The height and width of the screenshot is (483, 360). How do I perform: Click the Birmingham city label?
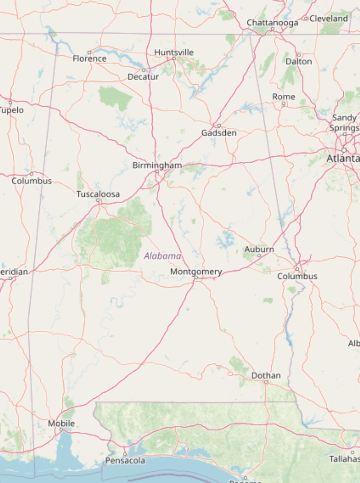[x=157, y=165]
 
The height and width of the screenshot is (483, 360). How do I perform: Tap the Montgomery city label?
[x=196, y=271]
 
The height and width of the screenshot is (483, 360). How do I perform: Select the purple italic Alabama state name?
[x=163, y=256]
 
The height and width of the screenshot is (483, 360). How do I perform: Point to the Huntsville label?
[x=174, y=52]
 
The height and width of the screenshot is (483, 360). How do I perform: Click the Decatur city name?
[x=143, y=77]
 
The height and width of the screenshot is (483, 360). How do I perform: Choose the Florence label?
[x=89, y=59]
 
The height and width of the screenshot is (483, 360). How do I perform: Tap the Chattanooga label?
[x=272, y=23]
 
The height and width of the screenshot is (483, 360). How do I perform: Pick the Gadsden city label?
[x=219, y=133]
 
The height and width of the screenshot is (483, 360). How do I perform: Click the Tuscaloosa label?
[x=98, y=194]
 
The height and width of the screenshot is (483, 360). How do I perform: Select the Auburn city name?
[x=259, y=249]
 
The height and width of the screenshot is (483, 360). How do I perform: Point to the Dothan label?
[x=266, y=375]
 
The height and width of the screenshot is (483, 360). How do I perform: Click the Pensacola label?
[x=125, y=460]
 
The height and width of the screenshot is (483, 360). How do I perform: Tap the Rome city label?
[x=283, y=96]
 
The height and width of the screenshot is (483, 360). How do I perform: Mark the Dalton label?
[x=299, y=61]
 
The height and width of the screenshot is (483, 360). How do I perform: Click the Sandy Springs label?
[x=344, y=123]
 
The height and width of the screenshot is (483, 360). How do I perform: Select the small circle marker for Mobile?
[x=61, y=430]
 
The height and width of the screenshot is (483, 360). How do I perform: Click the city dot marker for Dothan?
[x=266, y=382]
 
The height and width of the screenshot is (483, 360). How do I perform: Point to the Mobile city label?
[x=61, y=423]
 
